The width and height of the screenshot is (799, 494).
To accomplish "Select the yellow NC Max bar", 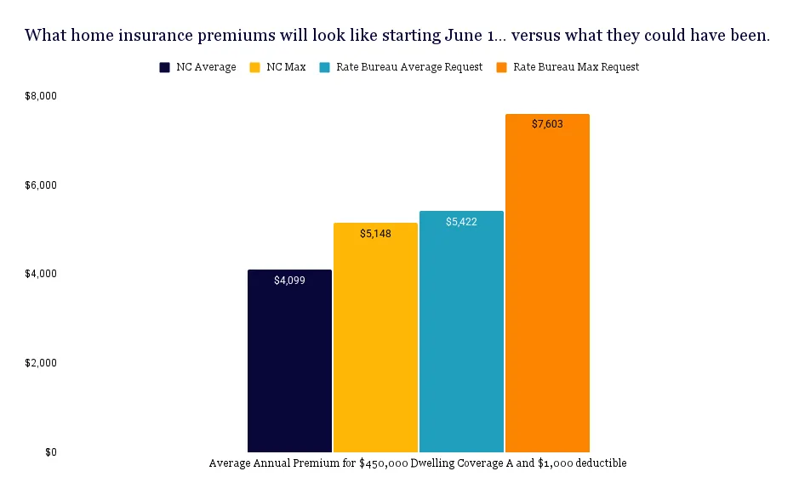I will (375, 340).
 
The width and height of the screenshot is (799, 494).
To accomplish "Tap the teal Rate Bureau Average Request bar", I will (461, 332).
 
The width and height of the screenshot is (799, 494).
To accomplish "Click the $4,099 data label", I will (289, 280).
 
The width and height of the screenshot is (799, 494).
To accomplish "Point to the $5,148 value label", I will (375, 233).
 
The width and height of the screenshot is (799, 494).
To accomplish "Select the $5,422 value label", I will (461, 222).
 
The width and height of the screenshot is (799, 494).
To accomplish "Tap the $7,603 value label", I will (547, 124).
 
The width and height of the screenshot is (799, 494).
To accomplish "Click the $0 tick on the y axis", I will (51, 452).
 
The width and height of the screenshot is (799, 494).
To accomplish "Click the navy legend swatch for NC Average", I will (165, 67).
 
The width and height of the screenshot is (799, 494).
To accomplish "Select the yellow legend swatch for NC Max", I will (254, 67).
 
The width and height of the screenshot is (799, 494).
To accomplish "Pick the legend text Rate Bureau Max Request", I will (576, 67).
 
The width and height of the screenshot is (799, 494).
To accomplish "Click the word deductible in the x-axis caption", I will (600, 463).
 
